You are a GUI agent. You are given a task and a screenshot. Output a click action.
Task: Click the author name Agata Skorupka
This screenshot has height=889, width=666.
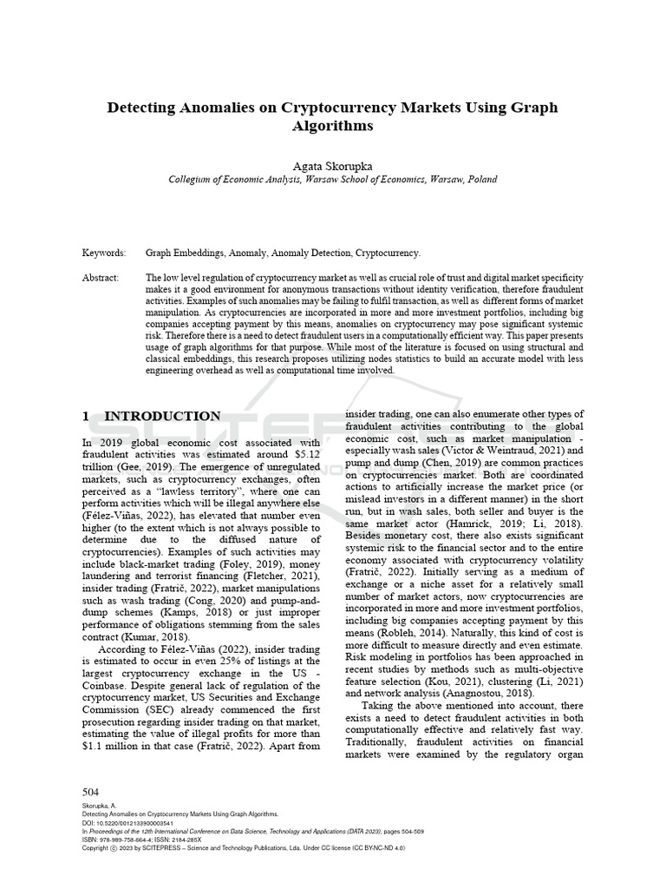point(332,165)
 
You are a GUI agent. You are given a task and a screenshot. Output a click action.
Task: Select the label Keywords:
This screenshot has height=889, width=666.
point(104,254)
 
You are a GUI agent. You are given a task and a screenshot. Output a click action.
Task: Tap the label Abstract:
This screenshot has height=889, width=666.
point(101,277)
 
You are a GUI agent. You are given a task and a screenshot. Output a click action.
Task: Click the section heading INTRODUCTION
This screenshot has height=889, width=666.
point(162,416)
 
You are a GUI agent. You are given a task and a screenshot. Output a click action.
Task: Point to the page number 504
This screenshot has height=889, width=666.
point(91,792)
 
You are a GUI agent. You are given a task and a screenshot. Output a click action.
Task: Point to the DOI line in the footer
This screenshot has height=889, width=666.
point(128,822)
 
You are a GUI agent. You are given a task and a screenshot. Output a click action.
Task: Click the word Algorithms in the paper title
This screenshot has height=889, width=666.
point(332,125)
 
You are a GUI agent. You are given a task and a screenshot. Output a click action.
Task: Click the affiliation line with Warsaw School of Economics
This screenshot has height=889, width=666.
point(332,179)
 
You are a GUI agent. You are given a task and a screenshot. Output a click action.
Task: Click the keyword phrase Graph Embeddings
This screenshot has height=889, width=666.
point(181,254)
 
